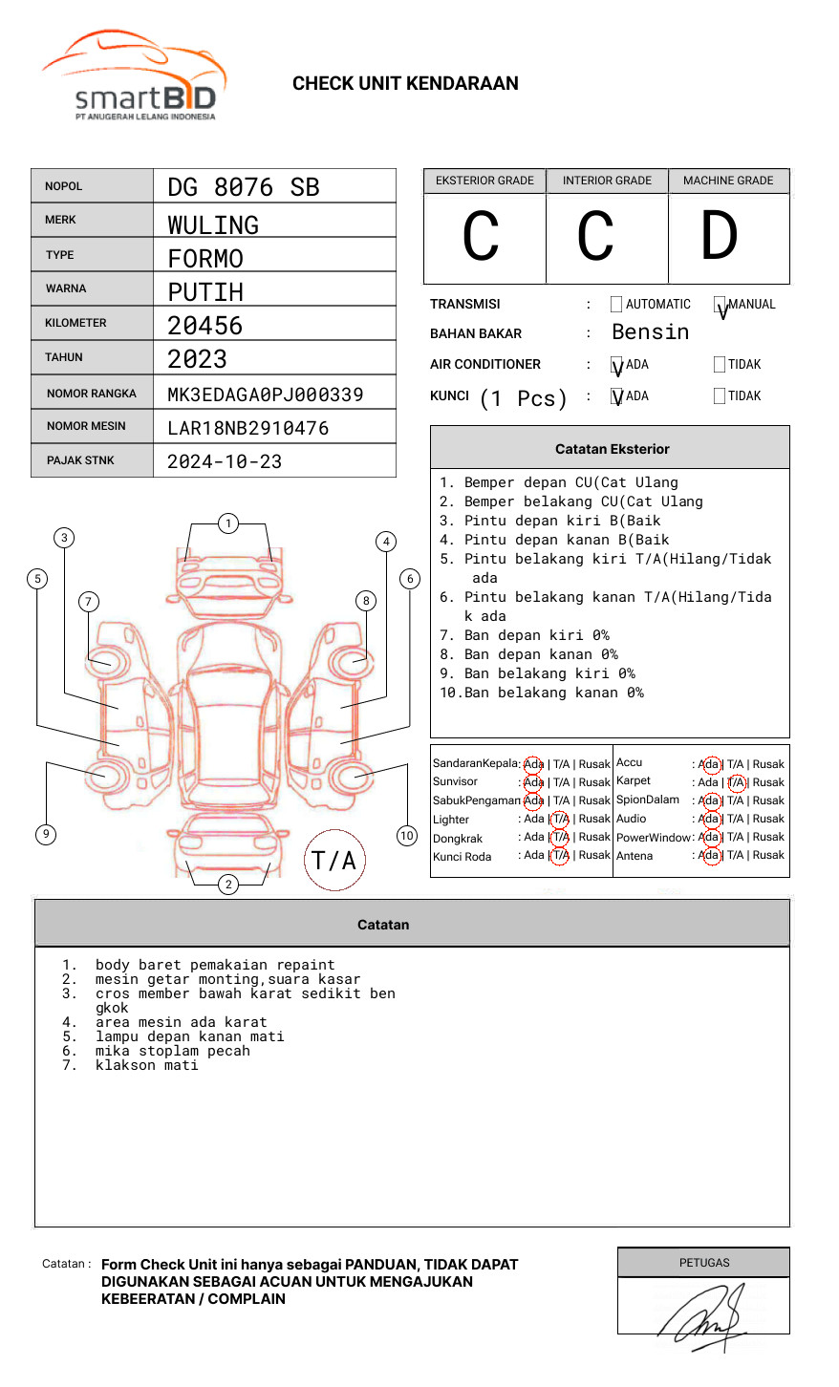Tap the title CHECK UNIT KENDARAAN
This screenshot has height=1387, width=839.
click(x=405, y=84)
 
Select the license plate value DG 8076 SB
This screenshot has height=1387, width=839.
click(x=244, y=187)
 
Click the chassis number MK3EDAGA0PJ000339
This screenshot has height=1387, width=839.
click(x=265, y=395)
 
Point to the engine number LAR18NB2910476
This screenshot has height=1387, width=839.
click(x=247, y=428)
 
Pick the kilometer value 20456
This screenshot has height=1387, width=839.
click(x=205, y=326)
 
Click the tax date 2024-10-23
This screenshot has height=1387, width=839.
click(x=225, y=461)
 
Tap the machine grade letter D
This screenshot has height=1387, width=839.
click(x=720, y=237)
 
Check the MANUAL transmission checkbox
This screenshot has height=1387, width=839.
click(x=720, y=305)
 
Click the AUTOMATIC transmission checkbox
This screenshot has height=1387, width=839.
click(x=616, y=305)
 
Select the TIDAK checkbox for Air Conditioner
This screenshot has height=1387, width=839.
click(x=720, y=365)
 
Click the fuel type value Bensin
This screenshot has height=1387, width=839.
click(x=650, y=332)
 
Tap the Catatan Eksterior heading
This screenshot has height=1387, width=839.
click(x=612, y=449)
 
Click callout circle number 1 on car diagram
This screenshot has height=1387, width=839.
click(x=227, y=523)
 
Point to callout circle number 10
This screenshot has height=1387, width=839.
click(x=407, y=836)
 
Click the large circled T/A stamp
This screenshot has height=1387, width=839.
click(x=334, y=860)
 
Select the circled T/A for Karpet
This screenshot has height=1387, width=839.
click(x=736, y=782)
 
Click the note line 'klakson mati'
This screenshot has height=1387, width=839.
click(x=146, y=1065)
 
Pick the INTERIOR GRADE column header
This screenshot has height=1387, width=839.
click(x=607, y=181)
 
